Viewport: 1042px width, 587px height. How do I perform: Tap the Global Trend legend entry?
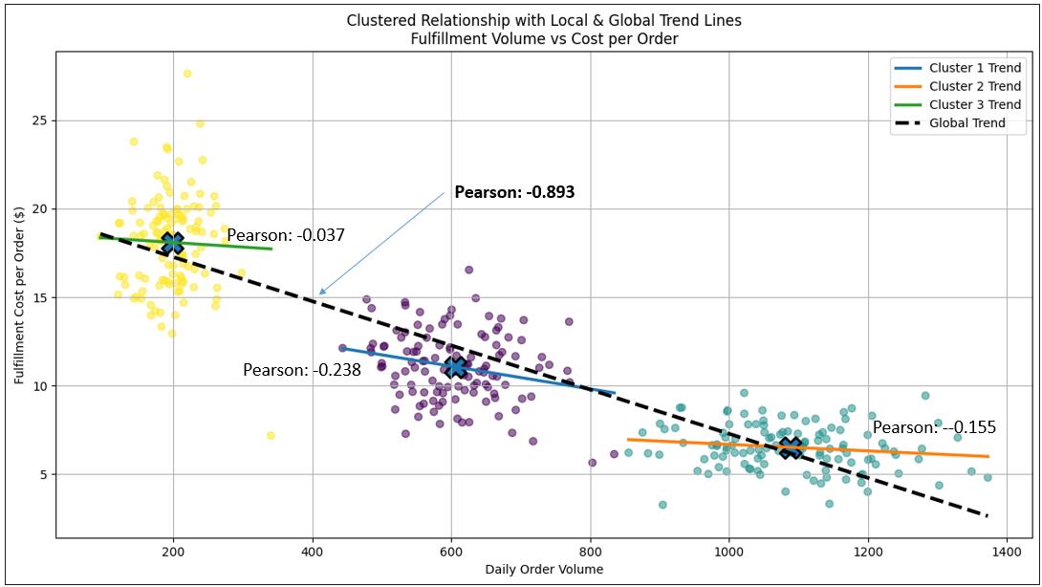tap(966, 122)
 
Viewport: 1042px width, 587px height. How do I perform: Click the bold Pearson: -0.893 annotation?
tap(514, 192)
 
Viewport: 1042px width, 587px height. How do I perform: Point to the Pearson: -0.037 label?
tap(285, 235)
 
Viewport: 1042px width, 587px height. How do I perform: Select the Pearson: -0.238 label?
tap(302, 370)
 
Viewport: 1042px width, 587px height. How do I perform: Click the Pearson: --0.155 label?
tap(934, 427)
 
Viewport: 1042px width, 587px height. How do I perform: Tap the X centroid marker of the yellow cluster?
tap(172, 242)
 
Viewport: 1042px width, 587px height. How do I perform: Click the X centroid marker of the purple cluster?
tap(456, 367)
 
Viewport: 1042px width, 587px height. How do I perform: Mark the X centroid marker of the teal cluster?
tap(790, 446)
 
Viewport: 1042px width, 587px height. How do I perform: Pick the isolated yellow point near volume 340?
tap(271, 435)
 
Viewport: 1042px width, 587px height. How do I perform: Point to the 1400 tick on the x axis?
tap(1007, 553)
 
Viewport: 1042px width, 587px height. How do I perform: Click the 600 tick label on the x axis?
tap(451, 553)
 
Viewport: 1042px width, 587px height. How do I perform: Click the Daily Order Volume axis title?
tap(544, 571)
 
